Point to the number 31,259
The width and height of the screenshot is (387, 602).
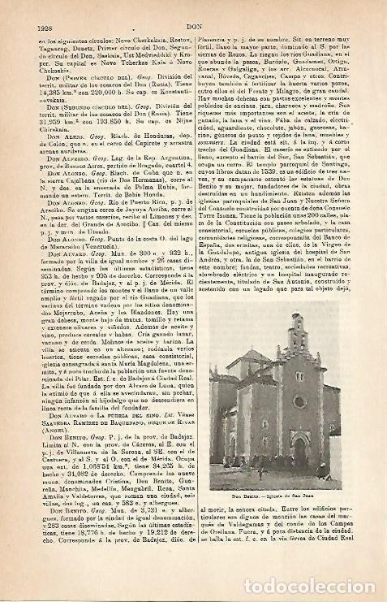coord(50,123)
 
